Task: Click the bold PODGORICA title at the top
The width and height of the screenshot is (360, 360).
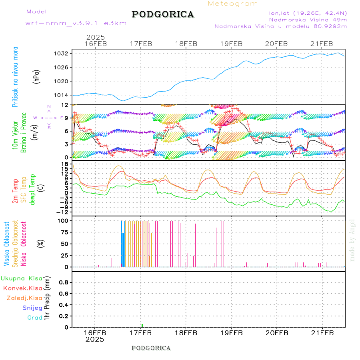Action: [x=163, y=14]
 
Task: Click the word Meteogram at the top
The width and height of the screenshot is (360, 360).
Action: [x=233, y=4]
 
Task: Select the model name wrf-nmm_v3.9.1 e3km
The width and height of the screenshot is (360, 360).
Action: [x=76, y=23]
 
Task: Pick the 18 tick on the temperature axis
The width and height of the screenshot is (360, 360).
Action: [x=64, y=164]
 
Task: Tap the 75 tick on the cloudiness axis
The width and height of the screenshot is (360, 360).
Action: [x=64, y=232]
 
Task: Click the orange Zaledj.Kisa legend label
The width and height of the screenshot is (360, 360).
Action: [x=24, y=298]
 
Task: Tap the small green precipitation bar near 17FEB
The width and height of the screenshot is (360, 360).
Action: [x=142, y=325]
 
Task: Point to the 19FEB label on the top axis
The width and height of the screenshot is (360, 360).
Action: [x=231, y=44]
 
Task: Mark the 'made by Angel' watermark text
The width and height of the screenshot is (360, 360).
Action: [x=352, y=240]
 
